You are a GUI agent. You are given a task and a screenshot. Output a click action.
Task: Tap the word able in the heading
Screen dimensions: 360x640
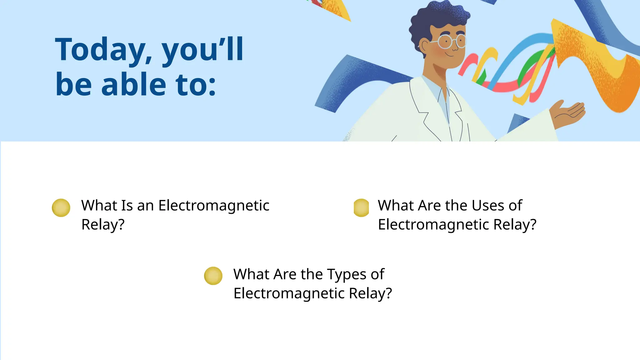pyautogui.click(x=134, y=84)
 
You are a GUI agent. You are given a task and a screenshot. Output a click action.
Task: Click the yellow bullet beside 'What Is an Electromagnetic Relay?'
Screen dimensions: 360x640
pyautogui.click(x=61, y=208)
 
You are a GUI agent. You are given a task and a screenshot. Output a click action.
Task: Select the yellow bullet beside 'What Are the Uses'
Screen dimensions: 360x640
pyautogui.click(x=361, y=208)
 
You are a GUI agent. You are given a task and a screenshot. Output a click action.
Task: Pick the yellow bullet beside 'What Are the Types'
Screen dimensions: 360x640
pyautogui.click(x=213, y=276)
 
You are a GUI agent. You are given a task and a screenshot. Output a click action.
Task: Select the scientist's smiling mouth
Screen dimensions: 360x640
pyautogui.click(x=450, y=55)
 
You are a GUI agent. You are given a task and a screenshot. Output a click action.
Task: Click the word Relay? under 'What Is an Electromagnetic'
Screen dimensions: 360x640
pyautogui.click(x=103, y=225)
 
